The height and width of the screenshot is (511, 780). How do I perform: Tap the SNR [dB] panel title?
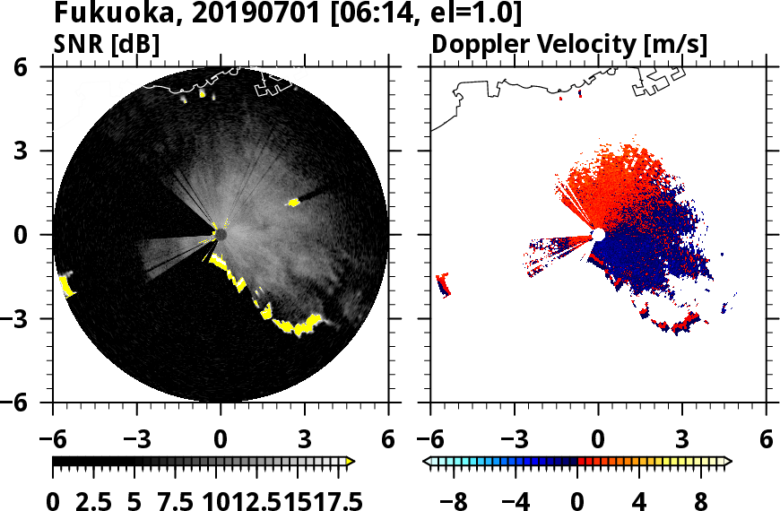click(108, 43)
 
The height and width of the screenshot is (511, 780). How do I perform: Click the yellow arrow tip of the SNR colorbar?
click(351, 462)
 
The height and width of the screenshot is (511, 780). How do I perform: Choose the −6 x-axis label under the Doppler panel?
click(432, 439)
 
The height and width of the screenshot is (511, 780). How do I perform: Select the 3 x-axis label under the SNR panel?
click(304, 439)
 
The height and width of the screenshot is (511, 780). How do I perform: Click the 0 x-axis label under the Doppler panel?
click(599, 439)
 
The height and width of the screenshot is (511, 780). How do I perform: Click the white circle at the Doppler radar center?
click(598, 235)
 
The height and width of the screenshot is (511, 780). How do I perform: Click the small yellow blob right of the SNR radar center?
click(293, 203)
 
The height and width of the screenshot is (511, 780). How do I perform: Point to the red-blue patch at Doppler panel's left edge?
click(442, 285)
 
